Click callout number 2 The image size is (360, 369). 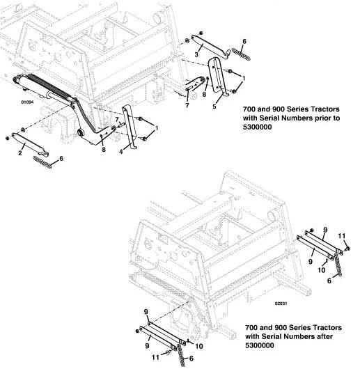[x=20, y=153]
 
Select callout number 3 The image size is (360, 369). [x=196, y=54]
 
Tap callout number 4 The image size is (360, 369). [x=121, y=152]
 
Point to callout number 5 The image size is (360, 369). [x=214, y=107]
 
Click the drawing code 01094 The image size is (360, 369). [x=27, y=102]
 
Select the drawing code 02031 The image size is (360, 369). [x=281, y=304]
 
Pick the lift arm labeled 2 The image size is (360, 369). [x=29, y=144]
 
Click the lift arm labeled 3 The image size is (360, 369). [x=210, y=47]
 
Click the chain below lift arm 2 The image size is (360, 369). [x=42, y=162]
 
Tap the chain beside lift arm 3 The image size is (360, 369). [x=241, y=54]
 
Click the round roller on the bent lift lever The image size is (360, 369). [x=81, y=132]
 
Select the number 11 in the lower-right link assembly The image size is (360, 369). [x=342, y=236]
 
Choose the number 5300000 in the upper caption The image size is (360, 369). [x=258, y=127]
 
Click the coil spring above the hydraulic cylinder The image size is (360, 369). [x=49, y=85]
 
